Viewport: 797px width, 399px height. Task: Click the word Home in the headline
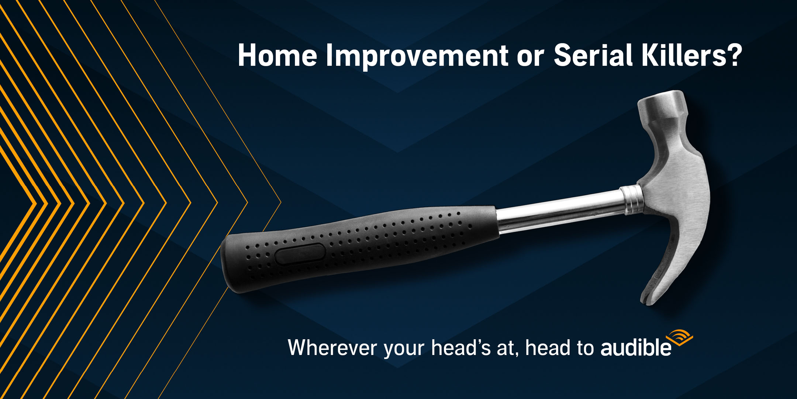click(277, 56)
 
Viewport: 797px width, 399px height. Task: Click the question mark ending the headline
click(734, 55)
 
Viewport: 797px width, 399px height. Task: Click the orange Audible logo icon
click(679, 337)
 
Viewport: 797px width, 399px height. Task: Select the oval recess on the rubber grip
click(300, 254)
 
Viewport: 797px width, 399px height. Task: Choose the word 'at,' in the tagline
click(508, 349)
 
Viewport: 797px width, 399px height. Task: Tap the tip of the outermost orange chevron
click(281, 202)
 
